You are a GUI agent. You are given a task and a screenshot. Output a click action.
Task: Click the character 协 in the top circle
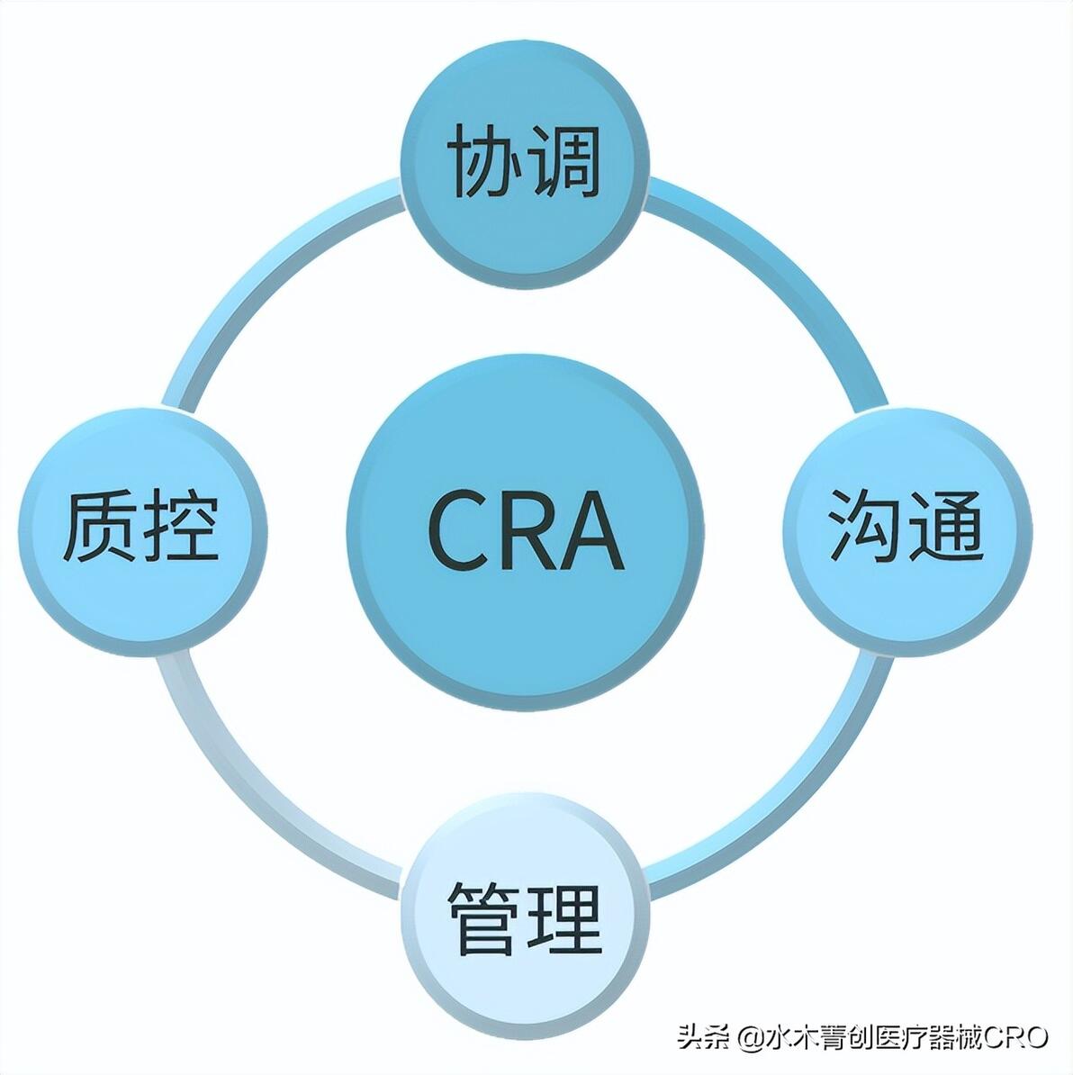[484, 161]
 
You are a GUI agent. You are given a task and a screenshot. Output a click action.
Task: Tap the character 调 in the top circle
[564, 161]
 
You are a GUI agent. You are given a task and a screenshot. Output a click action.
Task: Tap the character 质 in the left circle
[100, 525]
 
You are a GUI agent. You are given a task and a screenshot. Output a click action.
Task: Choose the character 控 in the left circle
[181, 525]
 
